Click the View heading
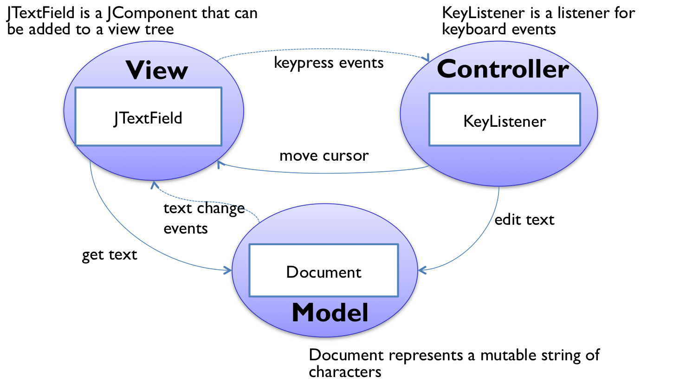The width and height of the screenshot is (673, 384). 157,71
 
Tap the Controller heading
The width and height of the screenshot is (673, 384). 503,69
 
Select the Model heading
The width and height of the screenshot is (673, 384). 330,312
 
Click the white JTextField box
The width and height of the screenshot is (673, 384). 148,116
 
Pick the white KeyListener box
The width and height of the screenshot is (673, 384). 505,120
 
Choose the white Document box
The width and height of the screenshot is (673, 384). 324,270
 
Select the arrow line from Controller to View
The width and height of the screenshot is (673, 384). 325,173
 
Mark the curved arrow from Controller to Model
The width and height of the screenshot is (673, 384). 478,241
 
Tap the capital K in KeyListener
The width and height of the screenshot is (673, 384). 468,122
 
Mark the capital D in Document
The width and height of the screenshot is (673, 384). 292,272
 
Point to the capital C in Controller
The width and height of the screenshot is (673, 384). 449,70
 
